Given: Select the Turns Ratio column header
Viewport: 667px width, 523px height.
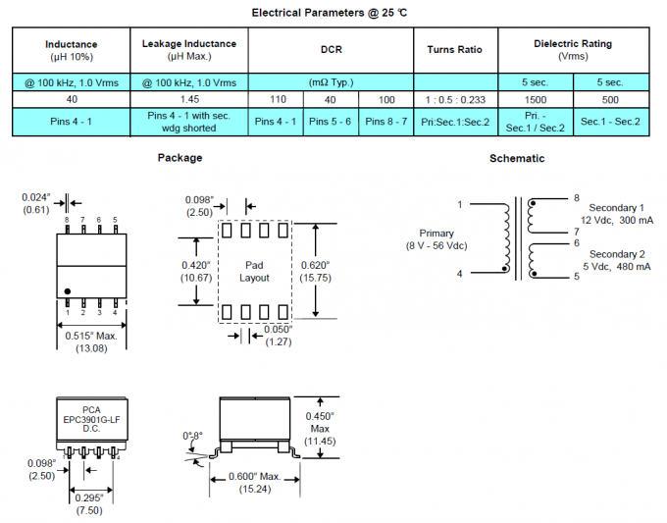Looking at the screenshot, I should pyautogui.click(x=455, y=50).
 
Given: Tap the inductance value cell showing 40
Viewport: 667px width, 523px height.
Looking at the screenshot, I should pyautogui.click(x=72, y=99).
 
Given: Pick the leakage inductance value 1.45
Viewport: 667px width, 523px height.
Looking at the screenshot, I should pyautogui.click(x=188, y=99).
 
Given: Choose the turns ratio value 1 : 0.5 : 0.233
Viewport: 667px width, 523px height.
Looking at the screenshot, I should pyautogui.click(x=455, y=99).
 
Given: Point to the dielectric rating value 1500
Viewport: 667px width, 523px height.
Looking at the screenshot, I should pyautogui.click(x=536, y=99).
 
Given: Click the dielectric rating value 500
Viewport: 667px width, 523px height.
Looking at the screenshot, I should pyautogui.click(x=610, y=99).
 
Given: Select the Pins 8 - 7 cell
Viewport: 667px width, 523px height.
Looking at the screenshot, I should pyautogui.click(x=385, y=122).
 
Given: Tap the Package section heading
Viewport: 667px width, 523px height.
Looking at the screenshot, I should pyautogui.click(x=180, y=157).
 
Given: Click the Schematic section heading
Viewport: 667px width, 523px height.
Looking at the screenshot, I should pyautogui.click(x=517, y=158).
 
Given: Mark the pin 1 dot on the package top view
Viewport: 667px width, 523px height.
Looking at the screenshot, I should pyautogui.click(x=68, y=291).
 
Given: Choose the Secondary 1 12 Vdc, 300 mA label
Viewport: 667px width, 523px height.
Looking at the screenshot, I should pyautogui.click(x=616, y=215).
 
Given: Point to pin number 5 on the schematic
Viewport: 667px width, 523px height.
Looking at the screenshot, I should pyautogui.click(x=577, y=277).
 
